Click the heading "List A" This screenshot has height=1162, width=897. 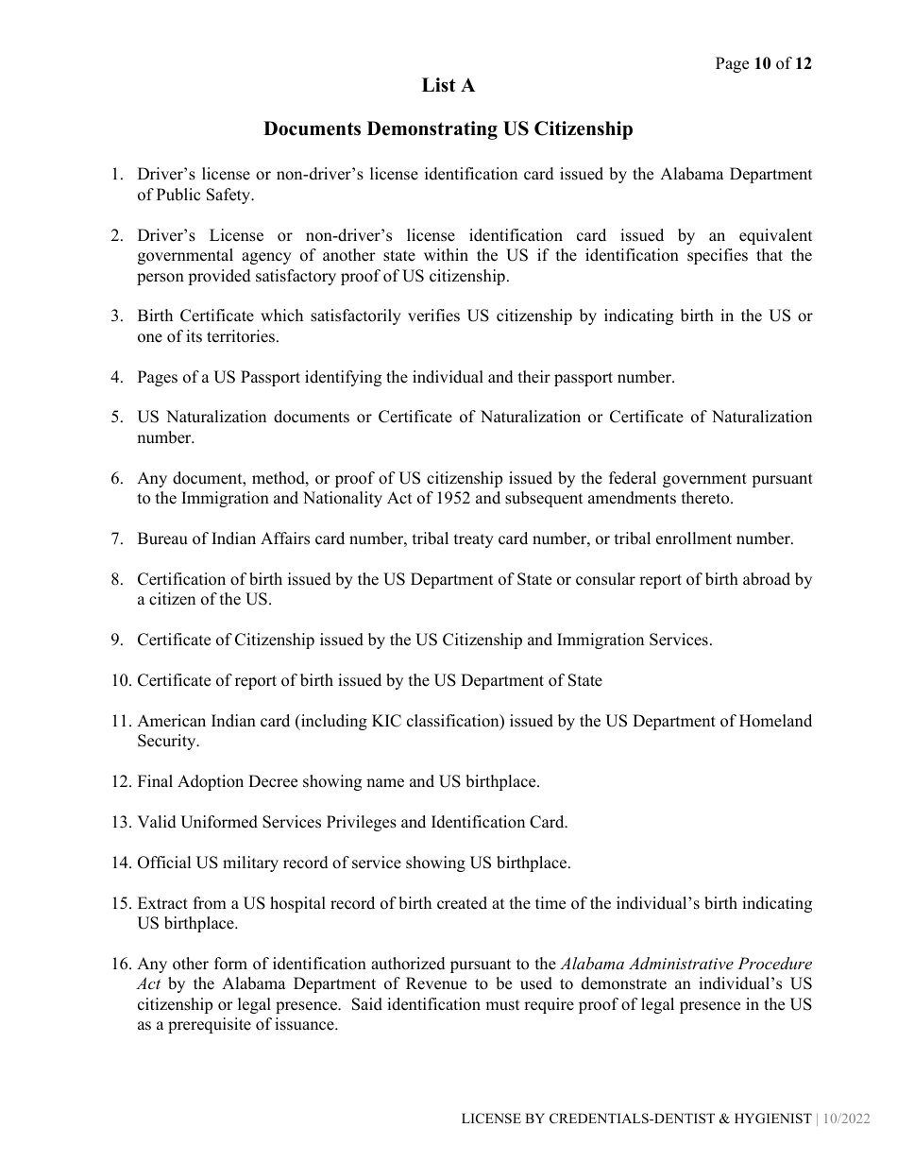[448, 86]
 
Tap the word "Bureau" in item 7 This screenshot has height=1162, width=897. [163, 539]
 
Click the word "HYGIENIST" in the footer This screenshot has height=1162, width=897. [767, 1119]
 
